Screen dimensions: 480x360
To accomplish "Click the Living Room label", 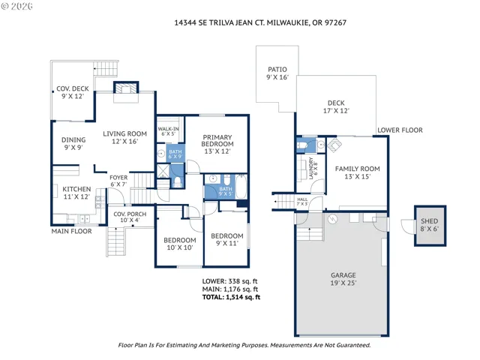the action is pos(124,137).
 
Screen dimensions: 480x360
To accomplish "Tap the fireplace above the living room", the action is pos(126,88).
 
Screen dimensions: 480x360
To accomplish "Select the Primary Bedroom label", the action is pos(217,144).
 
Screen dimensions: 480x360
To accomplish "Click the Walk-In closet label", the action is pos(168,131).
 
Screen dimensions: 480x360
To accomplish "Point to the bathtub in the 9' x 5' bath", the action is pos(241,187).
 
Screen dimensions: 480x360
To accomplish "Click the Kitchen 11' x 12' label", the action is pos(76,193).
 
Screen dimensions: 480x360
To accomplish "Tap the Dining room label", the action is pos(73,143).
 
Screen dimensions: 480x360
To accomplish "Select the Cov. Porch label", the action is pos(130,217).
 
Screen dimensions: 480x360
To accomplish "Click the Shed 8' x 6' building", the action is pos(430,226).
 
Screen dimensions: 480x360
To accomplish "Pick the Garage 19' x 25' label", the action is pos(343,279).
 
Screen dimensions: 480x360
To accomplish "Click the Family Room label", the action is pos(357,172).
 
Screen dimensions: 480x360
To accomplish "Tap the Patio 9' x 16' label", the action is pos(277,73).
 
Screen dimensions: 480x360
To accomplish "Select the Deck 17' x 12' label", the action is pos(336,106).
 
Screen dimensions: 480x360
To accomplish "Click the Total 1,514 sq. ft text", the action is pos(232,297).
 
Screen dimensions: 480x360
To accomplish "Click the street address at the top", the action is pos(260,22).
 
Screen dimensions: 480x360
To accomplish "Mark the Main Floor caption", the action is pos(72,231).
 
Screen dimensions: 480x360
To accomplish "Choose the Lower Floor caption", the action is pos(400,130).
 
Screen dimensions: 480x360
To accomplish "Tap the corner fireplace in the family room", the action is pos(334,145).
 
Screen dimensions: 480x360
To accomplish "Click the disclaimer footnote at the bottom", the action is pos(244,345).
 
